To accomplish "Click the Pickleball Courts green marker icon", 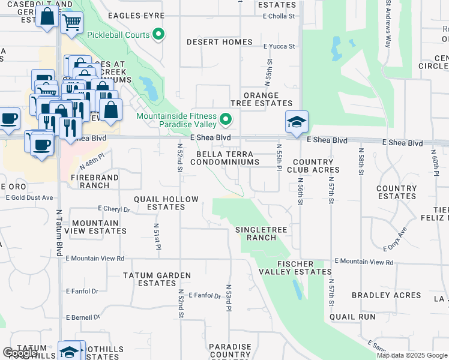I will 158,35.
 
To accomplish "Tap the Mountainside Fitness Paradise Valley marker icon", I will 226,120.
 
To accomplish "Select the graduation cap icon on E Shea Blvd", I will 297,122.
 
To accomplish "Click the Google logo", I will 19,353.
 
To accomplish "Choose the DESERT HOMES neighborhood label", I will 219,42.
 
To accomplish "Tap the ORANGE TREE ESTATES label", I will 261,100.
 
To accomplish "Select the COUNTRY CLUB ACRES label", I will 313,166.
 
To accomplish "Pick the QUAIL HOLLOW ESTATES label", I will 159,203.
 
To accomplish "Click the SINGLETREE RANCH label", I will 256,233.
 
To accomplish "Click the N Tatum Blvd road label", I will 59,233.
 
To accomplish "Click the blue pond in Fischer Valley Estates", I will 297,289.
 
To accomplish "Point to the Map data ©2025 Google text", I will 412,355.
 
